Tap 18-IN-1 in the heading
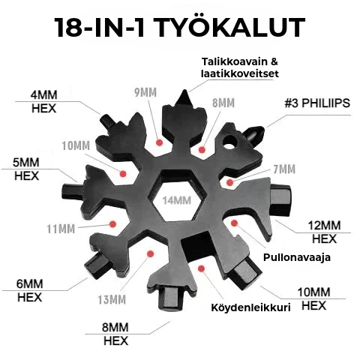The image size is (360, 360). [x=100, y=28]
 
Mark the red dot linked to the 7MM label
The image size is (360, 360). [x=233, y=181]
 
